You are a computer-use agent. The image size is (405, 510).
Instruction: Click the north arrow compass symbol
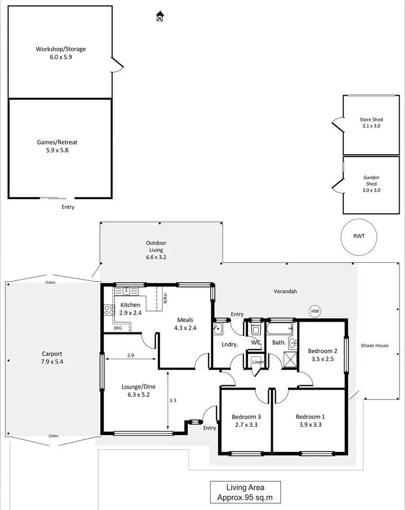pos(160,17)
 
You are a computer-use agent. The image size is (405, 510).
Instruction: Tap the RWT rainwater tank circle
pos(359,235)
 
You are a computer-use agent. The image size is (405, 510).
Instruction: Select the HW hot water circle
pos(315,311)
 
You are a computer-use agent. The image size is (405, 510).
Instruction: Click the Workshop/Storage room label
pos(60,49)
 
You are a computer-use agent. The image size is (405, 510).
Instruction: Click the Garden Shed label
pos(370,180)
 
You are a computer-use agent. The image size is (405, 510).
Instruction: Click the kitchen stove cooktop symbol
pos(109,310)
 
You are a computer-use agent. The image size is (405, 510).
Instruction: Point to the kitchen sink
pos(126,291)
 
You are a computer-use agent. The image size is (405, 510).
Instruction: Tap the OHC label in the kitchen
pos(118,328)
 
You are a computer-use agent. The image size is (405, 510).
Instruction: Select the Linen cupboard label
pos(258,362)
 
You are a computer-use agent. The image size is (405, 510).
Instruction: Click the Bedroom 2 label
pos(323,351)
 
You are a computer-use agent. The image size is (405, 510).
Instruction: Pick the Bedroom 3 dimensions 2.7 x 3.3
pos(246,425)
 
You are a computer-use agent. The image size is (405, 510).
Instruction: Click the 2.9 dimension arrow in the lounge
pos(130,358)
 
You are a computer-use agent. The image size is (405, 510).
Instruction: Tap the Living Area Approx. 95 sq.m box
pos(245,492)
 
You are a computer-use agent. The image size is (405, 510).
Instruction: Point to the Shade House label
pos(375,345)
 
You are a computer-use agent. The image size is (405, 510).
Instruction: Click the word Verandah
pos(285,291)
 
